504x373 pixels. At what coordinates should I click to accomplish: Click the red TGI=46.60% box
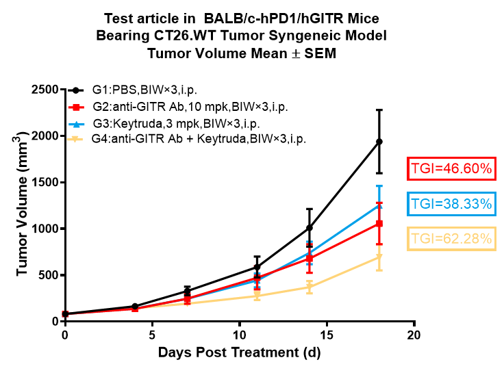(x=451, y=168)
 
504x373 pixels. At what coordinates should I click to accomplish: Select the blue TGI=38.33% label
(x=451, y=204)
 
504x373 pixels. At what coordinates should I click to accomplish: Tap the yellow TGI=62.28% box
(x=451, y=239)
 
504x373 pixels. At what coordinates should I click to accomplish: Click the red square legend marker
(x=76, y=107)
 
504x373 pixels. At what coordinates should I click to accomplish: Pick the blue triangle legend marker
(x=76, y=124)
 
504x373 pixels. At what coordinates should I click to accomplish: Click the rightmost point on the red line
(x=379, y=223)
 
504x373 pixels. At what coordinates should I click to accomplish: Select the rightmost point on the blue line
(x=379, y=205)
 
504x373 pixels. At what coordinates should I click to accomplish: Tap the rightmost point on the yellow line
(x=379, y=257)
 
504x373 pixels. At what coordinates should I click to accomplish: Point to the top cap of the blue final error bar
(x=379, y=186)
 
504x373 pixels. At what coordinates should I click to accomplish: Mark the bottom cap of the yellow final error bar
(x=379, y=270)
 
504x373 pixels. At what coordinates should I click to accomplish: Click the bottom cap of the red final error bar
(x=379, y=244)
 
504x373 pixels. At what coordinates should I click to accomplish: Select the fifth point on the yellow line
(x=310, y=287)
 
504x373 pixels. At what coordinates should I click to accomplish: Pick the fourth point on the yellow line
(x=257, y=296)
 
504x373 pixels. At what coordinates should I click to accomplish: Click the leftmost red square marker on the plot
(x=66, y=314)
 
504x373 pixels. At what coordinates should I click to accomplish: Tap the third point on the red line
(x=187, y=299)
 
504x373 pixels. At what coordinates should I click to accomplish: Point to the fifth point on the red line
(x=310, y=259)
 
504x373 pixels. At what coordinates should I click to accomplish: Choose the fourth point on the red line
(x=257, y=278)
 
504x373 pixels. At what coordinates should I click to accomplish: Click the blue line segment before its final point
(x=344, y=229)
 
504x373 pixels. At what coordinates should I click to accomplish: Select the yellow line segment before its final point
(x=344, y=272)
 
